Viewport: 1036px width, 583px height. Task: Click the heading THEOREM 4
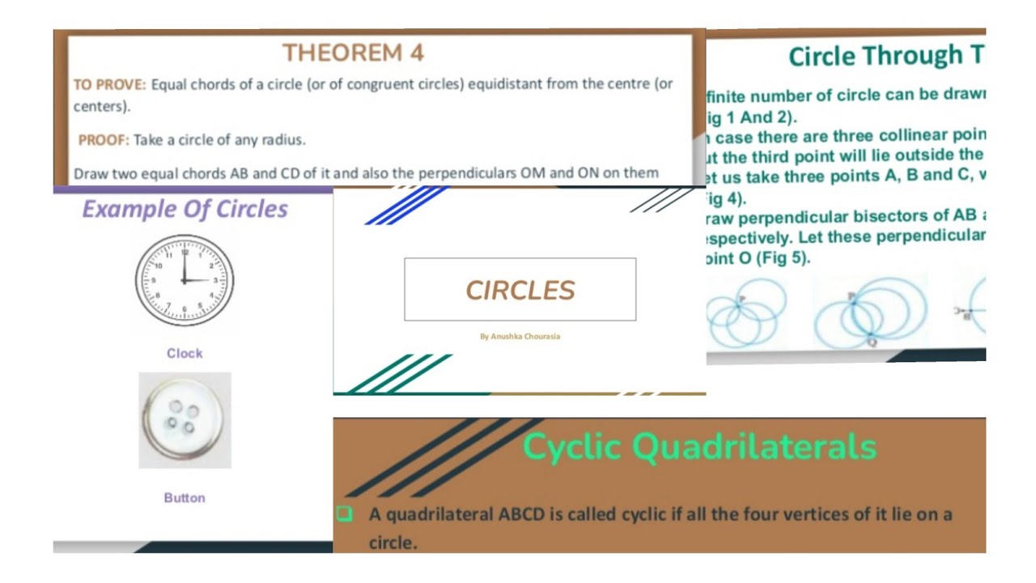(353, 53)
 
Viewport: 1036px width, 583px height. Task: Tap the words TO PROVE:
(110, 84)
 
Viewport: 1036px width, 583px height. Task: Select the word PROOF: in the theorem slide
(104, 140)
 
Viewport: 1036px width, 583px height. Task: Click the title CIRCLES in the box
(520, 290)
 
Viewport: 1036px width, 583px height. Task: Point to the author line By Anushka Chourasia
(520, 336)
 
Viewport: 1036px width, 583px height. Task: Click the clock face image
(185, 280)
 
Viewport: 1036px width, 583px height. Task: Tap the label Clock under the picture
(185, 353)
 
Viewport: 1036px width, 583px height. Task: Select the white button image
(185, 419)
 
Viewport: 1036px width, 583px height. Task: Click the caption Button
(185, 498)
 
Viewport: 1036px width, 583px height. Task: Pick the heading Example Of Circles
(185, 209)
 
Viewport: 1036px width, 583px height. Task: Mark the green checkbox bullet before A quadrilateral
(344, 513)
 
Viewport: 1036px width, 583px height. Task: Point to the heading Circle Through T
(886, 56)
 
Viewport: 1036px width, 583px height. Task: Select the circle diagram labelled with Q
(870, 312)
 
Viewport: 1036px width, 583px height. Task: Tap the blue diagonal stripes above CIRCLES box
(405, 205)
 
